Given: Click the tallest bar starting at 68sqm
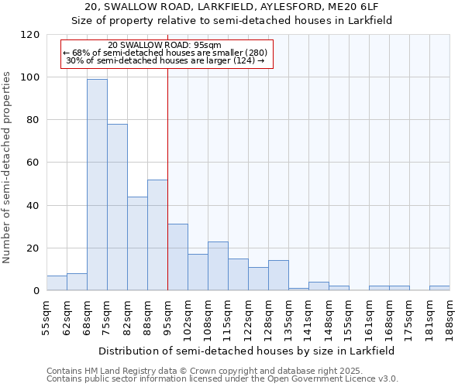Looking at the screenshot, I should (x=97, y=184).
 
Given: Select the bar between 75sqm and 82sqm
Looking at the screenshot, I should (x=117, y=207).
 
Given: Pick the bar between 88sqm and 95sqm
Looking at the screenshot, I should (x=157, y=235).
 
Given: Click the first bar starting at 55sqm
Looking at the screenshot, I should (x=57, y=283).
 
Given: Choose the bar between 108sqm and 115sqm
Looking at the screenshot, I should (x=218, y=265).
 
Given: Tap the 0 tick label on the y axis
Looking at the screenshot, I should (x=36, y=291).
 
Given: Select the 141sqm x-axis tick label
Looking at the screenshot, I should (x=308, y=315).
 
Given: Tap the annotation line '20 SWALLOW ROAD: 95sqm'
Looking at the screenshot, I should (x=165, y=45).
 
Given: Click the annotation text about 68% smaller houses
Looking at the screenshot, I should (x=165, y=53).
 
